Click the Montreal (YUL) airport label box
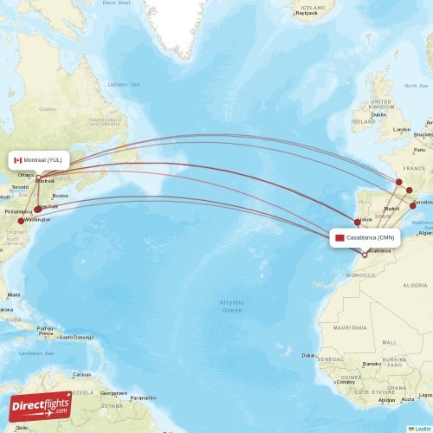pos(39,160)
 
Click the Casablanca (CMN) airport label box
pos(365,237)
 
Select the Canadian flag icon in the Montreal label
pos(17,160)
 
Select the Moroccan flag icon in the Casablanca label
pos(340,237)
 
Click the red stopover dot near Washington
pos(21,221)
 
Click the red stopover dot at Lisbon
pos(357,222)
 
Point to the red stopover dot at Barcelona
pos(413,205)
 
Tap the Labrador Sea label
pos(124,84)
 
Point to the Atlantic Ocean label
pos(231,305)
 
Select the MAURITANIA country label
pos(349,327)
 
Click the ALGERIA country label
pos(415,284)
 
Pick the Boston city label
pos(60,197)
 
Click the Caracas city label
pos(82,374)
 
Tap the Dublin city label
pos(378,114)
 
